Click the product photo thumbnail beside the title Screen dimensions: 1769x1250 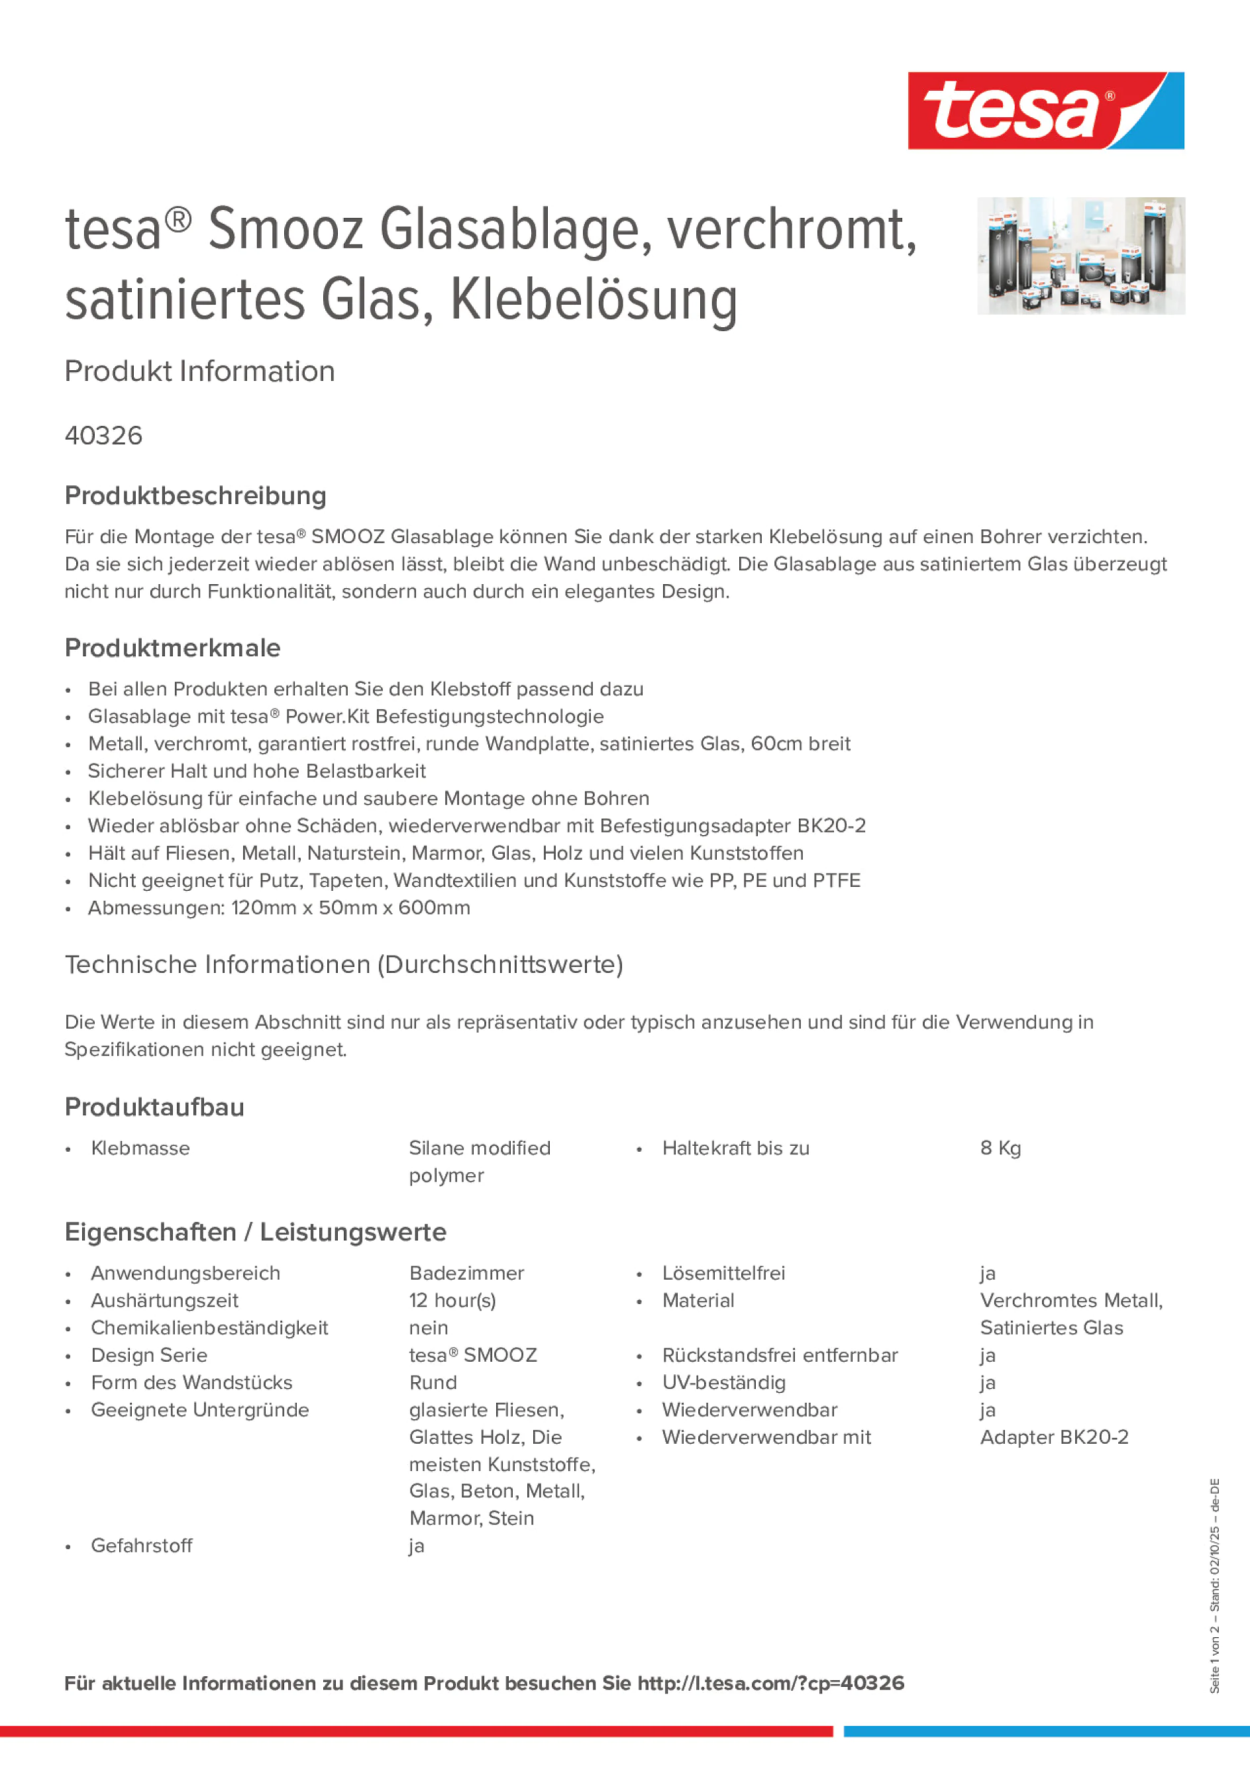[x=1080, y=256]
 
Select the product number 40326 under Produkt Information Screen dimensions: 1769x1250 [x=104, y=436]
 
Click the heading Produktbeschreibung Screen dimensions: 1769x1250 [x=195, y=495]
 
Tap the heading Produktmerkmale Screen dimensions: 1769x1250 [x=173, y=648]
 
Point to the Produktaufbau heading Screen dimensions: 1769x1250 [x=154, y=1107]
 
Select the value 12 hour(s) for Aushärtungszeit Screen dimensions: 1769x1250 [x=452, y=1301]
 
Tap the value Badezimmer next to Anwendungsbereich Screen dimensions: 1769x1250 [x=466, y=1273]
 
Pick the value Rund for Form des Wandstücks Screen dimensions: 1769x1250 [x=433, y=1382]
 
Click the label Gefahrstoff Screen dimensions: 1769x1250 [x=142, y=1546]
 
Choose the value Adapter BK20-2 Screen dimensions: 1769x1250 [x=1053, y=1437]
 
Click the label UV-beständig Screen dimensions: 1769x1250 [x=723, y=1382]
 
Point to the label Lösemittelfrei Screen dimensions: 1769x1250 [x=723, y=1273]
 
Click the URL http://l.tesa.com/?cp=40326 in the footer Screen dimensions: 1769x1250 [x=770, y=1683]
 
